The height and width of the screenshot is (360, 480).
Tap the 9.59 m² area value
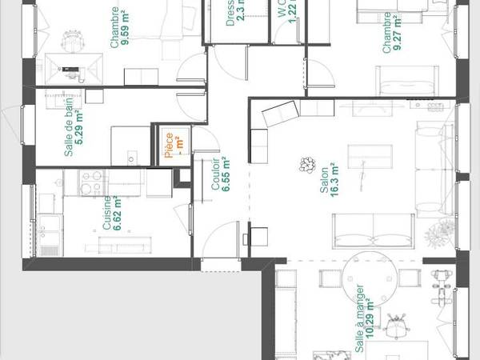pos(126,30)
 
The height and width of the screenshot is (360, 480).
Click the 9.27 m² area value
pos(398,32)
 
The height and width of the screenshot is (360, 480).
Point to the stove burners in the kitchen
pos(86,186)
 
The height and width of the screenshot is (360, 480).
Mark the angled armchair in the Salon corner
pos(278,116)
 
